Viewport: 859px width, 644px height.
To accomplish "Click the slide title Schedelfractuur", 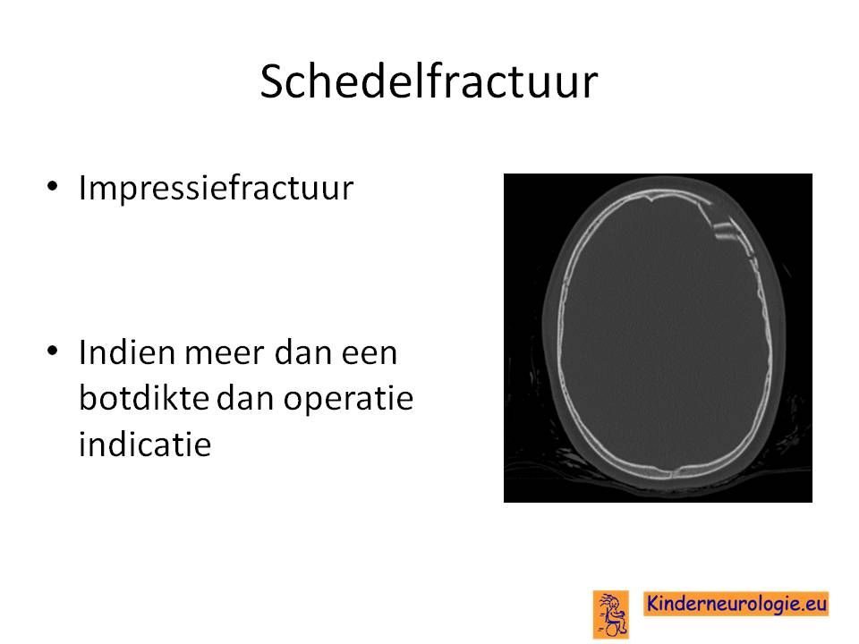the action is coord(429,81).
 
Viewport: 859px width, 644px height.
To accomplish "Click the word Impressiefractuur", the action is coord(216,188).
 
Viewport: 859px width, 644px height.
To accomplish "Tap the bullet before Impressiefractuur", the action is coord(52,186).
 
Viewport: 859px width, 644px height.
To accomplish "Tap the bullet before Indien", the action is coord(52,351).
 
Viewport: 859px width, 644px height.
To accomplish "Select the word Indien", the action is coord(127,352).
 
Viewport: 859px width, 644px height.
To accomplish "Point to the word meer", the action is coord(225,354).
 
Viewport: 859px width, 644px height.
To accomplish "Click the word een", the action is coord(370,354).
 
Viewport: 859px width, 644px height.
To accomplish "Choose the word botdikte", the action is coord(144,397).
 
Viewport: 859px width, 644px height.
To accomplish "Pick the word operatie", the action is coord(348,400).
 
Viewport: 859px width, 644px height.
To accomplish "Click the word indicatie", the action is coord(145,444).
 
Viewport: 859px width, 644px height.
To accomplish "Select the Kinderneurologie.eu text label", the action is coord(736,604).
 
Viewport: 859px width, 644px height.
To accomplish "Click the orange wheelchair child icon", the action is coord(611,614).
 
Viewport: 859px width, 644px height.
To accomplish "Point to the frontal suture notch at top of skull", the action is coord(651,199).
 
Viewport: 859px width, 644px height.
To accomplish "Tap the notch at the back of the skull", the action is coord(675,471).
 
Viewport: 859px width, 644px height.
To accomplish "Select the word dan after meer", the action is coord(303,352).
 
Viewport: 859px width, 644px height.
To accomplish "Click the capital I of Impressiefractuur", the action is coord(82,188).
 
